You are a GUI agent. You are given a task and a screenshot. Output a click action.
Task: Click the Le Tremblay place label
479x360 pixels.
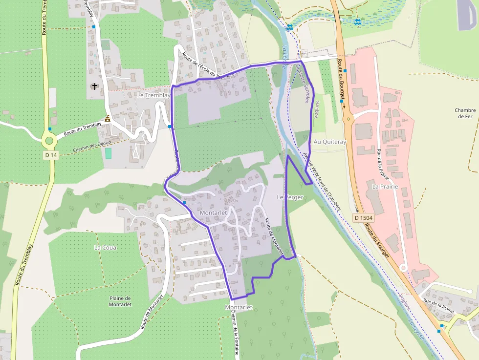coord(153,95)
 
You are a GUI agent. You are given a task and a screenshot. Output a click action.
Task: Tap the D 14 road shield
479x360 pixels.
coord(50,155)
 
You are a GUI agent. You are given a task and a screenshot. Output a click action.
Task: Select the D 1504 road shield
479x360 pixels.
coord(363,217)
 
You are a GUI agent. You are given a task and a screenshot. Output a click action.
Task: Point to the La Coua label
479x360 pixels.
coord(105,247)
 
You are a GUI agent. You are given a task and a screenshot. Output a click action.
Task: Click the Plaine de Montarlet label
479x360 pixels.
coord(120,301)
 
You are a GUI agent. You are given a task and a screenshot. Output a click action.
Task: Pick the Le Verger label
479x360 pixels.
coord(290,197)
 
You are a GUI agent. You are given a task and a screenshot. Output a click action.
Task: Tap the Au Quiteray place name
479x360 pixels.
coord(330,142)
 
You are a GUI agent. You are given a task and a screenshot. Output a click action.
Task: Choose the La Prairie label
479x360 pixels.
coord(385,187)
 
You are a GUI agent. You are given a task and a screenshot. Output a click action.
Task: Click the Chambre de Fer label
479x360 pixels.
coord(465,113)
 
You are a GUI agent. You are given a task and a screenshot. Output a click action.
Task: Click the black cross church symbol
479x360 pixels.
coord(94,86)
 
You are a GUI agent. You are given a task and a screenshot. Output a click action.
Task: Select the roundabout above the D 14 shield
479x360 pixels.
coord(49,141)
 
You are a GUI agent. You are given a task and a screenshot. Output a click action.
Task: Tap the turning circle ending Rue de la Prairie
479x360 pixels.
coord(403,267)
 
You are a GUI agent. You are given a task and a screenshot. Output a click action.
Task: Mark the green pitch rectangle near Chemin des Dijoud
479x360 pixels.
coord(108,153)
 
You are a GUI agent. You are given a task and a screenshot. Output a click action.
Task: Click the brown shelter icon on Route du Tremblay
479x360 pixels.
coord(107,119)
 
